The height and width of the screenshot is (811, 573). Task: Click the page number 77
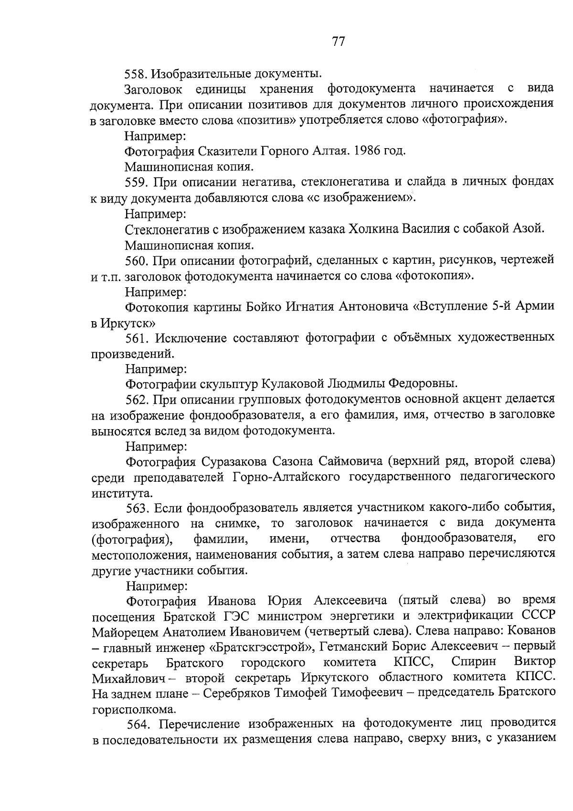[338, 42]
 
